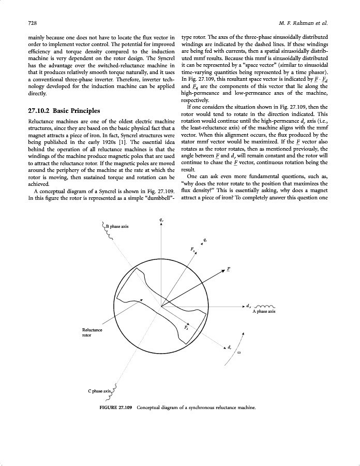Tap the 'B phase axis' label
coord(118,226)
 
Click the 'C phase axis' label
coord(99,390)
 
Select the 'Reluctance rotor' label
coord(92,332)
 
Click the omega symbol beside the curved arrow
coord(239,353)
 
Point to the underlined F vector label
coord(229,269)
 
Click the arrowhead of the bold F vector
coord(223,271)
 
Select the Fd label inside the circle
coord(186,328)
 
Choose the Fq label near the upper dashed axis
coord(193,250)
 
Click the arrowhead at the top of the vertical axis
coord(162,224)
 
